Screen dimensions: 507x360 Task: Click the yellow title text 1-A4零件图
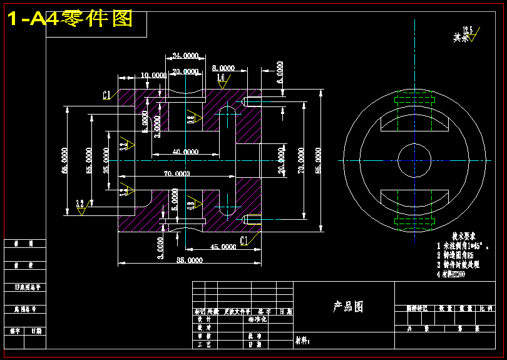click(x=70, y=19)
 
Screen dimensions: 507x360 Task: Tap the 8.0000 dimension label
click(x=223, y=68)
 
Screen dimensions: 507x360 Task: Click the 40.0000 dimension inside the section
click(x=185, y=152)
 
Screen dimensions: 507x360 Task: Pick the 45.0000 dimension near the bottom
click(x=222, y=247)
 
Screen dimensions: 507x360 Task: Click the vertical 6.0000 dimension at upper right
click(x=280, y=72)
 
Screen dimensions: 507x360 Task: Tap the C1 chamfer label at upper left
click(x=107, y=95)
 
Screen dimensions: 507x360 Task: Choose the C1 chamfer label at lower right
click(x=245, y=239)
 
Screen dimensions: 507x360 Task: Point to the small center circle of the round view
click(x=414, y=160)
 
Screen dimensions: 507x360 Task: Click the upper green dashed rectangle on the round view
click(x=414, y=98)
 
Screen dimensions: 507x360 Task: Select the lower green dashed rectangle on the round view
click(x=414, y=222)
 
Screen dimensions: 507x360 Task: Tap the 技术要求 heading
click(x=464, y=236)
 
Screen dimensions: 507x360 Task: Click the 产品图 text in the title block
click(x=348, y=307)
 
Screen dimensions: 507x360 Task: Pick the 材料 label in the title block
click(x=302, y=341)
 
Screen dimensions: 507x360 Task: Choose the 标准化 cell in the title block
click(x=255, y=319)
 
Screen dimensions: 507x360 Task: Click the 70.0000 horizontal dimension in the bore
click(x=177, y=173)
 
